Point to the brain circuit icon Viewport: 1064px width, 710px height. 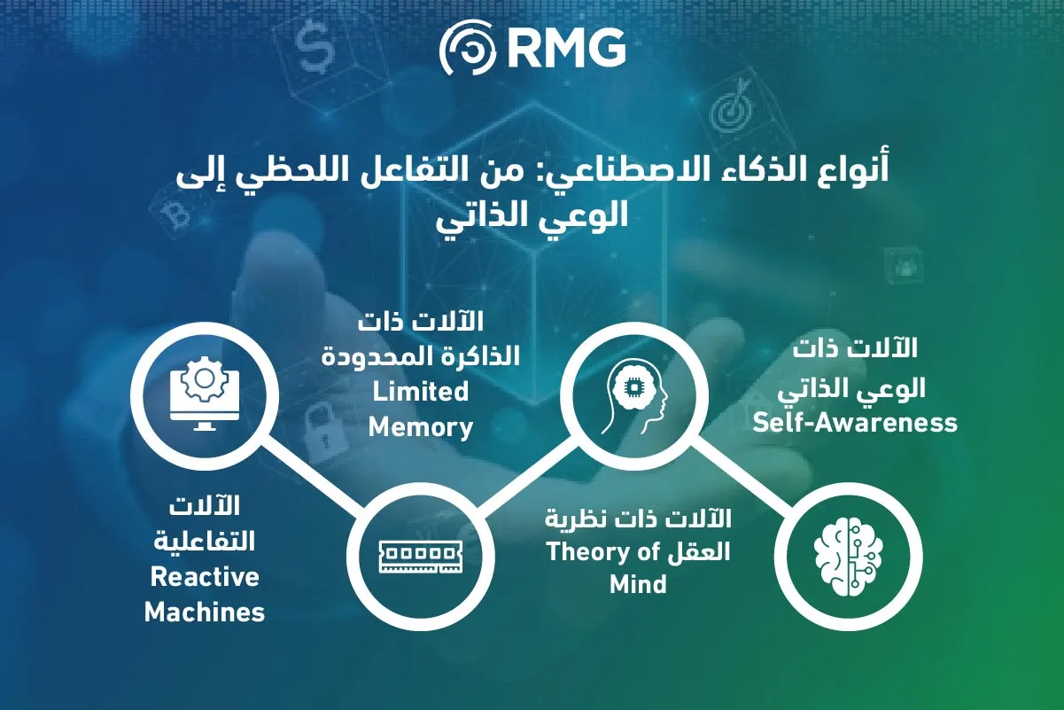coord(847,555)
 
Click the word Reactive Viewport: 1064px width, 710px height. coord(205,577)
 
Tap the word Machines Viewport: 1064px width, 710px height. coord(205,612)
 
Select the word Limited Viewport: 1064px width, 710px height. coord(421,391)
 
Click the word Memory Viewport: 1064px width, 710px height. coord(421,426)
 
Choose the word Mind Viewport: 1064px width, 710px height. coord(638,585)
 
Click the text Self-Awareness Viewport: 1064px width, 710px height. coord(855,422)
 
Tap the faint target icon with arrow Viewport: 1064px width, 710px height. coord(732,113)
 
